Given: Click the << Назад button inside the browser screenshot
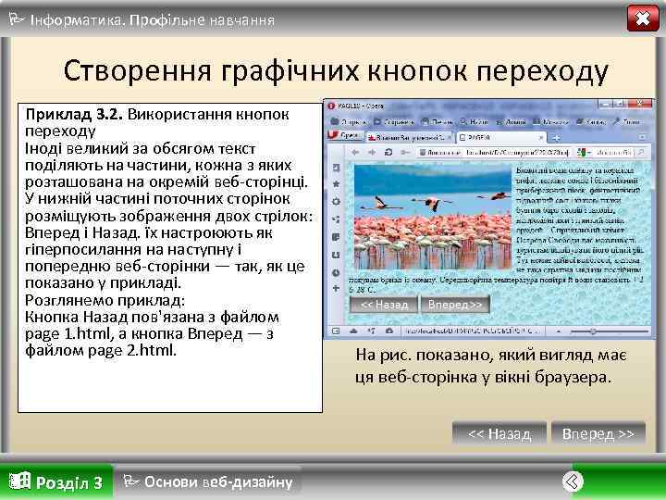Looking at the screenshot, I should click(384, 305).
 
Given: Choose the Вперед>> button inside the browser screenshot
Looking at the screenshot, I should click(452, 305).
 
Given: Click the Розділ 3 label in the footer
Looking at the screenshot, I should click(68, 482).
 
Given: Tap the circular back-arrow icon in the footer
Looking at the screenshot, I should click(573, 481).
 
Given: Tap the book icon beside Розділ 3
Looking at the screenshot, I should click(18, 481).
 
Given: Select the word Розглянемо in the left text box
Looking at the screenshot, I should click(68, 301).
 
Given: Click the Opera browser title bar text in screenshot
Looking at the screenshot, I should click(366, 106).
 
